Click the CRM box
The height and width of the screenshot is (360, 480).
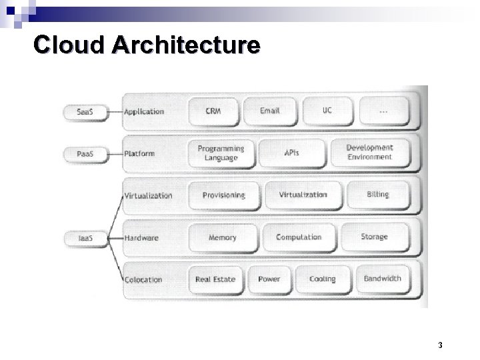click(213, 110)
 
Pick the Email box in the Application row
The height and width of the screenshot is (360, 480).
click(269, 110)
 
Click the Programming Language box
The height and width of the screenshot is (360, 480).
click(221, 153)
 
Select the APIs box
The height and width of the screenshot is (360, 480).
click(291, 153)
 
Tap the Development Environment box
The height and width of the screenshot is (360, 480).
click(370, 152)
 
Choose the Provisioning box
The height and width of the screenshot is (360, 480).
click(223, 195)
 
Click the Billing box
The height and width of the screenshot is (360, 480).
click(377, 195)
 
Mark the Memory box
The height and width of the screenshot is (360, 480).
click(222, 237)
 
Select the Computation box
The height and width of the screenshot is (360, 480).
click(298, 237)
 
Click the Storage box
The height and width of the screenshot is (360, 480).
click(374, 237)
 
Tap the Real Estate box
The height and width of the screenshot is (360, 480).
click(215, 279)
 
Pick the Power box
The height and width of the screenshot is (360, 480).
click(269, 279)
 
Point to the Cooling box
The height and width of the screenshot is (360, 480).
click(323, 279)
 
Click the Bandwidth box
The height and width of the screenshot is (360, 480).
click(382, 278)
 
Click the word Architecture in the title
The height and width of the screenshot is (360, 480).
click(186, 45)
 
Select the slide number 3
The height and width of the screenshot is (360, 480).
click(441, 346)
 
